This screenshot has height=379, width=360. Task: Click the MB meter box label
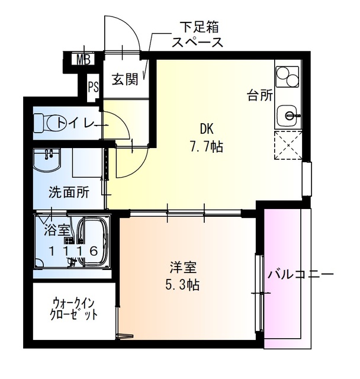tap(83, 59)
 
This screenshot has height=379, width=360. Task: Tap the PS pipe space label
tap(93, 87)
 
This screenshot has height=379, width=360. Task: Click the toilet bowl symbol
tap(49, 123)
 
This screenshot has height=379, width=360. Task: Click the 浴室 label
tap(54, 229)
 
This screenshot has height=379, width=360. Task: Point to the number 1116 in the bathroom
tap(72, 250)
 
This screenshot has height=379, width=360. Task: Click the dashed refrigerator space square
tap(288, 146)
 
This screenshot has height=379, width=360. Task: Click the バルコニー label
tap(300, 275)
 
